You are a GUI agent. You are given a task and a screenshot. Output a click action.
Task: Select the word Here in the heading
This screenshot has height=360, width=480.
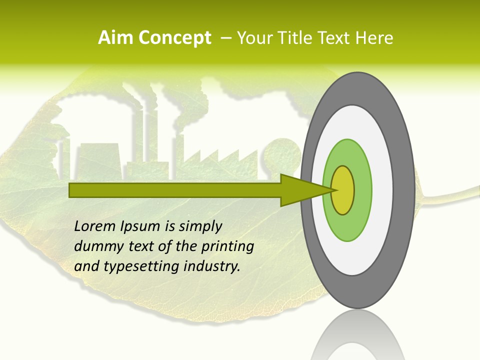pyautogui.click(x=374, y=38)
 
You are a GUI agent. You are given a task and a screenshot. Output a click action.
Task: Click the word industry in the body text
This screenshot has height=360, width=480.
pyautogui.click(x=212, y=266)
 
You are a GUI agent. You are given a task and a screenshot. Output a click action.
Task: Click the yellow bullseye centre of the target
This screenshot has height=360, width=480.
pyautogui.click(x=343, y=190)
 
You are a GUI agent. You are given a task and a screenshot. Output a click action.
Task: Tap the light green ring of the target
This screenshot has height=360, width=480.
pyautogui.click(x=361, y=190)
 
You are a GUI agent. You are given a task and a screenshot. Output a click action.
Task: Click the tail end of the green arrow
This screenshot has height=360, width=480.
pyautogui.click(x=70, y=190)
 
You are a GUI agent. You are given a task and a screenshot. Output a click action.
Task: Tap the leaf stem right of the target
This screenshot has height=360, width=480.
pyautogui.click(x=450, y=196)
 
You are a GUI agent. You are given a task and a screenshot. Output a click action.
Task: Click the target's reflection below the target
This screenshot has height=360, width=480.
pyautogui.click(x=357, y=340)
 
